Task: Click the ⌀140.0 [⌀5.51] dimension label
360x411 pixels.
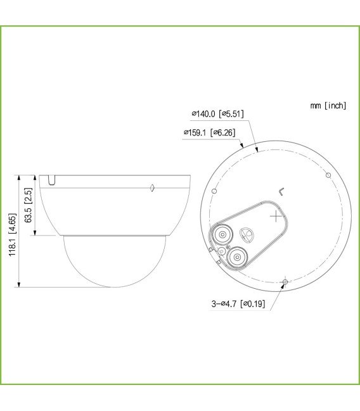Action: point(218,114)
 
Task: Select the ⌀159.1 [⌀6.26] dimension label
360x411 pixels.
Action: point(209,132)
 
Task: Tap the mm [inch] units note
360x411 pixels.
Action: point(328,105)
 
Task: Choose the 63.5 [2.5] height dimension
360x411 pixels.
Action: point(28,205)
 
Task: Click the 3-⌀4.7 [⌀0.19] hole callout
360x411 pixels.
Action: point(238,304)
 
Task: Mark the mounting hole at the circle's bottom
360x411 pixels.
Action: point(285,282)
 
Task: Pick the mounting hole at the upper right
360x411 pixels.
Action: point(328,175)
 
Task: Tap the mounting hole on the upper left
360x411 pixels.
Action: point(214,191)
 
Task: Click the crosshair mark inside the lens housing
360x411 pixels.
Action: point(276,216)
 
